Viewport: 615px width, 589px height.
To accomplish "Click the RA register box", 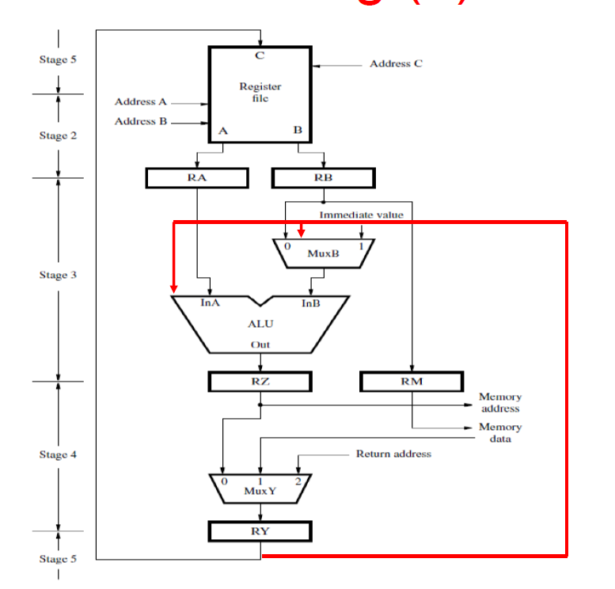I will [197, 178].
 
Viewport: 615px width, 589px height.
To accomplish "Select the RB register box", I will [323, 178].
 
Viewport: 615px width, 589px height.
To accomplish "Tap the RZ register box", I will [260, 382].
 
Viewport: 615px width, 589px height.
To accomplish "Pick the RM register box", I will [411, 382].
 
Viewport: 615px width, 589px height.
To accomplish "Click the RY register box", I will [260, 531].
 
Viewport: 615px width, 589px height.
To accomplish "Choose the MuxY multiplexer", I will [260, 488].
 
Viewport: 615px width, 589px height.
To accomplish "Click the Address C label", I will [396, 63].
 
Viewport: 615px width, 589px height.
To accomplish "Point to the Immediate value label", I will [361, 215].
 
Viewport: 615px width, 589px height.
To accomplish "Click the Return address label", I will [393, 454].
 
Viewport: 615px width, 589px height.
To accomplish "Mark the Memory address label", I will [500, 402].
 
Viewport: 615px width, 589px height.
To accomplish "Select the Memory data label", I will [500, 433].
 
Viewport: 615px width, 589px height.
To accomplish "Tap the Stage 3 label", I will [59, 275].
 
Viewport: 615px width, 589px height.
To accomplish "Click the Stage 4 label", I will [59, 454].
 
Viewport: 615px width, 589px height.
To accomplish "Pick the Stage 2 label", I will [59, 135].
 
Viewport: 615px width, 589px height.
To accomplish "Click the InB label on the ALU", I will [310, 304].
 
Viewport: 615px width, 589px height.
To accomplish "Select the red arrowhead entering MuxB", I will [301, 232].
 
